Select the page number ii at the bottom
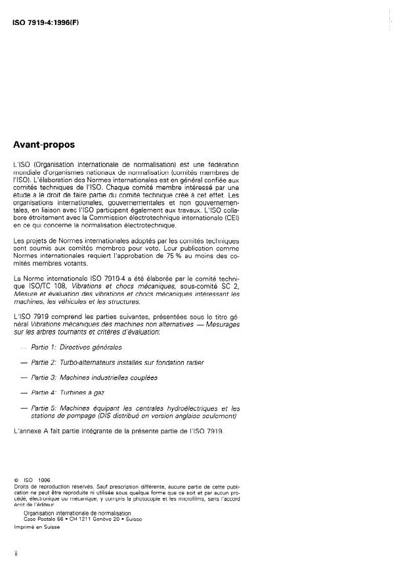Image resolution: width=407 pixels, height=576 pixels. (15, 555)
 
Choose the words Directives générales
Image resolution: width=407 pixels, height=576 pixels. (91, 346)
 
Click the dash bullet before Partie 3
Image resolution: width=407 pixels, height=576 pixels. (24, 378)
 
